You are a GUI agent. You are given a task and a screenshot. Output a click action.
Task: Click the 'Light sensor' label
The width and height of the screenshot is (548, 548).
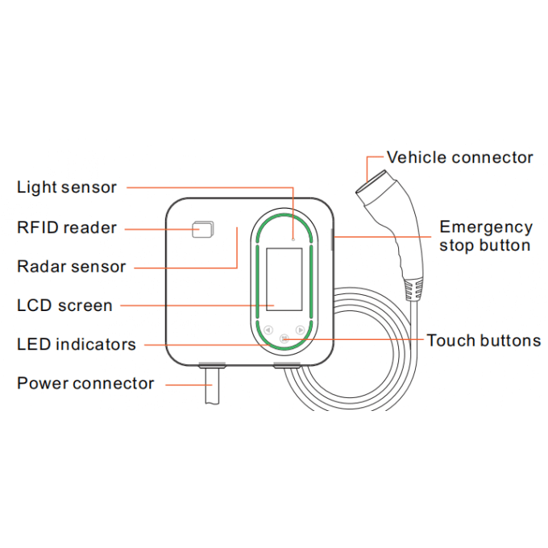click(x=67, y=187)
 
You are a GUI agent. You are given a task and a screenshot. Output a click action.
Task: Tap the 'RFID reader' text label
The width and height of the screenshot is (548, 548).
click(x=67, y=228)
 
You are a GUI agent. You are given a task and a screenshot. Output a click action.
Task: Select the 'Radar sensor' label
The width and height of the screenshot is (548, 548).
click(x=71, y=267)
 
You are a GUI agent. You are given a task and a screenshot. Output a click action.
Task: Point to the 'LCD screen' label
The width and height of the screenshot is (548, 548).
click(x=64, y=305)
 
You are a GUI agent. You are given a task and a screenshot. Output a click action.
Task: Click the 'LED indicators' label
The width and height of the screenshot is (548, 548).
click(x=77, y=344)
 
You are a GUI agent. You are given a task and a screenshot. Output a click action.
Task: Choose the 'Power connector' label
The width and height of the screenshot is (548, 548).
click(x=85, y=384)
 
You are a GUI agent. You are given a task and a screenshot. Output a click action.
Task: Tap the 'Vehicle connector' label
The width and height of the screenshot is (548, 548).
click(x=459, y=158)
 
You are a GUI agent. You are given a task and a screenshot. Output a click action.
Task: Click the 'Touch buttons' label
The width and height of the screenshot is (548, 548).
click(x=484, y=340)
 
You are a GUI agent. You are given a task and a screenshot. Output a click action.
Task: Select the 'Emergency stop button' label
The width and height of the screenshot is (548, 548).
click(x=486, y=236)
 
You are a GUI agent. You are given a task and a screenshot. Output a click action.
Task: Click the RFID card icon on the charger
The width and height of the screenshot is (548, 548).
click(x=203, y=229)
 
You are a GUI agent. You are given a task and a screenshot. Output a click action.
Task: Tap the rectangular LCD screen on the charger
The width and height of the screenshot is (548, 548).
click(x=284, y=280)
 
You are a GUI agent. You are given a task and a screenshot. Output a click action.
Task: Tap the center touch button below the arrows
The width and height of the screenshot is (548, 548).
click(x=284, y=338)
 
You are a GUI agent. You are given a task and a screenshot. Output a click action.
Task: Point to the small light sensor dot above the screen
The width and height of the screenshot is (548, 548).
click(x=293, y=239)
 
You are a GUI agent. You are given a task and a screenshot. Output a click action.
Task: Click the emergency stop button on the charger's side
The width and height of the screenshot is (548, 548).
click(x=332, y=239)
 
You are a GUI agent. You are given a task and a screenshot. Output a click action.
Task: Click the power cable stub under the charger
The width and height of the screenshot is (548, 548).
click(x=212, y=385)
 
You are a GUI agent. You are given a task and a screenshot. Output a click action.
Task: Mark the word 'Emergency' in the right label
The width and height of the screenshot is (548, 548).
click(x=486, y=228)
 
